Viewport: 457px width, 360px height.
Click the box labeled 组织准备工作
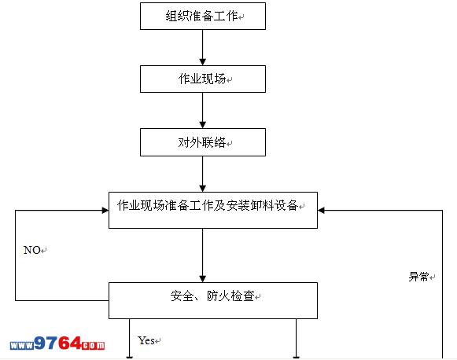coord(203,16)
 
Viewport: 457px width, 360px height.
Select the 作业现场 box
coord(203,79)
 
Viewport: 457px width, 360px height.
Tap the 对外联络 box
coord(203,142)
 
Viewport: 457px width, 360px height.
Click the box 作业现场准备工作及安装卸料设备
coord(213,210)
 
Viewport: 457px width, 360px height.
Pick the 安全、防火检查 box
coord(213,300)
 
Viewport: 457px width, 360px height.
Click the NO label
coord(32,250)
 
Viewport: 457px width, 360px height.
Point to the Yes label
coord(146,340)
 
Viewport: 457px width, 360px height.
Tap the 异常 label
coord(418,277)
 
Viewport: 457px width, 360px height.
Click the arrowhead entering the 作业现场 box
coord(203,62)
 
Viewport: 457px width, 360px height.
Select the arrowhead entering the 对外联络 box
coord(203,125)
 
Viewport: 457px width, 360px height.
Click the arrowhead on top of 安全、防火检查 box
coord(203,279)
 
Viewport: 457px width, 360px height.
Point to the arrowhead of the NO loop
coord(105,211)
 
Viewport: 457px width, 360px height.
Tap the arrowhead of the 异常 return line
coord(321,211)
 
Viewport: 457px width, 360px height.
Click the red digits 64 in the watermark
coord(69,343)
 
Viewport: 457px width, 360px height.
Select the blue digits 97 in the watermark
coord(46,343)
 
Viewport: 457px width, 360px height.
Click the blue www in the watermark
coord(22,346)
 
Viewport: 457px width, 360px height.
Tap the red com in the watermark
coord(93,345)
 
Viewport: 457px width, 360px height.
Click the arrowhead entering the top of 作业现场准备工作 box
coord(203,189)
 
